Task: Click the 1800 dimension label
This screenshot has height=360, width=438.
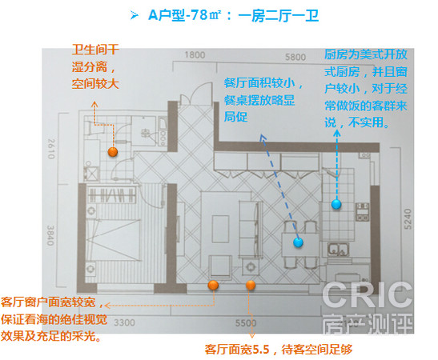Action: tap(195, 55)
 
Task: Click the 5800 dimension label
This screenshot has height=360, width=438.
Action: tap(295, 58)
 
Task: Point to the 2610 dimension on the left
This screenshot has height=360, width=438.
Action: tap(51, 149)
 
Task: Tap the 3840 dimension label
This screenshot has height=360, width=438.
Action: tap(50, 235)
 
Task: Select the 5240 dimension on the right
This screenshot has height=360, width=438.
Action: tap(408, 219)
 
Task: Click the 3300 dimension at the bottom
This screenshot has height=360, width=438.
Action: tap(124, 323)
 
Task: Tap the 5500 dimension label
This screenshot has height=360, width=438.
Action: tap(246, 323)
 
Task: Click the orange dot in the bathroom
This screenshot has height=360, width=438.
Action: tap(113, 152)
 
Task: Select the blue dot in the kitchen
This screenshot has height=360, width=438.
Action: tap(336, 204)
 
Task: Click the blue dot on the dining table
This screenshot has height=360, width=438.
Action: tap(299, 242)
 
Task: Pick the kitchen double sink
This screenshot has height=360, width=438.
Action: tap(339, 250)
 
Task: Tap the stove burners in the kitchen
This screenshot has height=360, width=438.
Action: tap(362, 212)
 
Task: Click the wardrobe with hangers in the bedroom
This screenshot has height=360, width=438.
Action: tap(111, 194)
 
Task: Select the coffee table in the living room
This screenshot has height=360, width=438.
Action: tap(220, 229)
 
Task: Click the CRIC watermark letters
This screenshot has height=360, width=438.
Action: tap(367, 295)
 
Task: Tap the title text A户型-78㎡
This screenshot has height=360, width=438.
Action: tap(185, 15)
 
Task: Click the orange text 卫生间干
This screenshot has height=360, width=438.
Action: tap(95, 50)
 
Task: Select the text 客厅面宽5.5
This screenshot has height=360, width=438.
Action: tap(237, 350)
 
